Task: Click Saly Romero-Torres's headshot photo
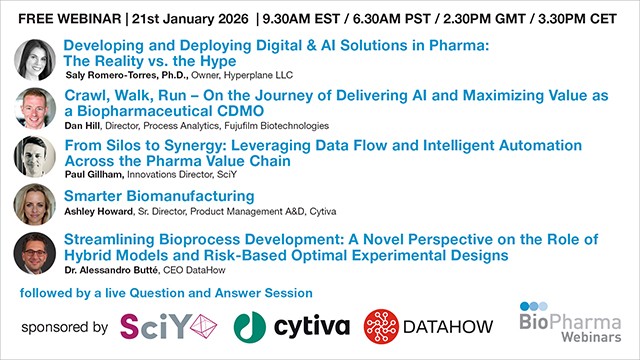coord(34,60)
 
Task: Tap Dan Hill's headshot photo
coord(34,108)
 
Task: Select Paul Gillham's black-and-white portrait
coord(34,156)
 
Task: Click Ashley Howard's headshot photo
coord(34,204)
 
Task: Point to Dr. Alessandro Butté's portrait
coord(34,253)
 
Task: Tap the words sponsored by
coord(63,327)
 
